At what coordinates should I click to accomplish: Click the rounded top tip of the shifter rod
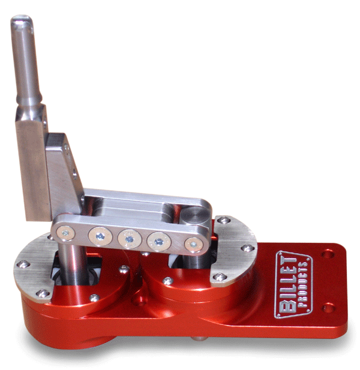(x=21, y=19)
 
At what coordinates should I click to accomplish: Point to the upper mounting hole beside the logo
(x=328, y=254)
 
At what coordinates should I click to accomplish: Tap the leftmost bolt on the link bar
(x=65, y=233)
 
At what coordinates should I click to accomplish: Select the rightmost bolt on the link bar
(x=194, y=245)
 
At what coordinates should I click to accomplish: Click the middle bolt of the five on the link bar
(x=130, y=239)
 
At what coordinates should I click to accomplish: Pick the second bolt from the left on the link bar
(x=100, y=236)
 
